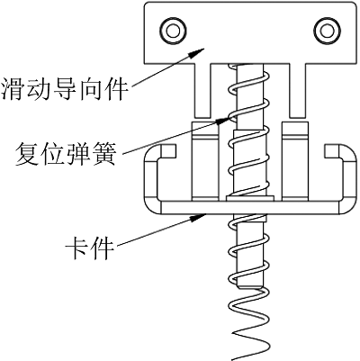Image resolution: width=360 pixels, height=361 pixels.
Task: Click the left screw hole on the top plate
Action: tap(173, 31)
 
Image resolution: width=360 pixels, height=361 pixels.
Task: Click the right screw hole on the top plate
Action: tap(327, 31)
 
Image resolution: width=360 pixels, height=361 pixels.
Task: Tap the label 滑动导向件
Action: tap(64, 89)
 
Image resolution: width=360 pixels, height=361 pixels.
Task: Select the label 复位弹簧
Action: tap(66, 154)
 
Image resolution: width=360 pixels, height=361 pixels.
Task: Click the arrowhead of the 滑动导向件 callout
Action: tap(195, 53)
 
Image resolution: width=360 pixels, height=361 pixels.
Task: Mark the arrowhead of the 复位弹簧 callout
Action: tap(223, 120)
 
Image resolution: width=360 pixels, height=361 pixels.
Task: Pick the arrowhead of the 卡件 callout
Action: tap(198, 217)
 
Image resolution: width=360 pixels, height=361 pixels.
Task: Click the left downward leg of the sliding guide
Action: tap(202, 90)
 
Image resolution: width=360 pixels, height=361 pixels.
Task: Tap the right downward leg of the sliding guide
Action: tap(297, 90)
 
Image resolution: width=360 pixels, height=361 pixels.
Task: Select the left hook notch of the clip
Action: tap(168, 151)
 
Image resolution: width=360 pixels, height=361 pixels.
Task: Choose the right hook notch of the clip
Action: tap(332, 151)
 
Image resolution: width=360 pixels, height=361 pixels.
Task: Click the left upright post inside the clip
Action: tap(205, 161)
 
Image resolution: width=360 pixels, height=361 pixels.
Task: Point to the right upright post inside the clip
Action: tap(295, 161)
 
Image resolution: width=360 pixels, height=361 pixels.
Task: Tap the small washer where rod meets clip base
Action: tap(250, 198)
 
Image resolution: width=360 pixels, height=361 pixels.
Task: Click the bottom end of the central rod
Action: tap(248, 287)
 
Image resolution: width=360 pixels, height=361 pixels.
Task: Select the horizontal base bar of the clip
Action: tap(250, 207)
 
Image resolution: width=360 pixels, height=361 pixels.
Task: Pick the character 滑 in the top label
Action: tap(13, 89)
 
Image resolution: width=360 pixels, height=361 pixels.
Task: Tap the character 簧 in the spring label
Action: tap(103, 154)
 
